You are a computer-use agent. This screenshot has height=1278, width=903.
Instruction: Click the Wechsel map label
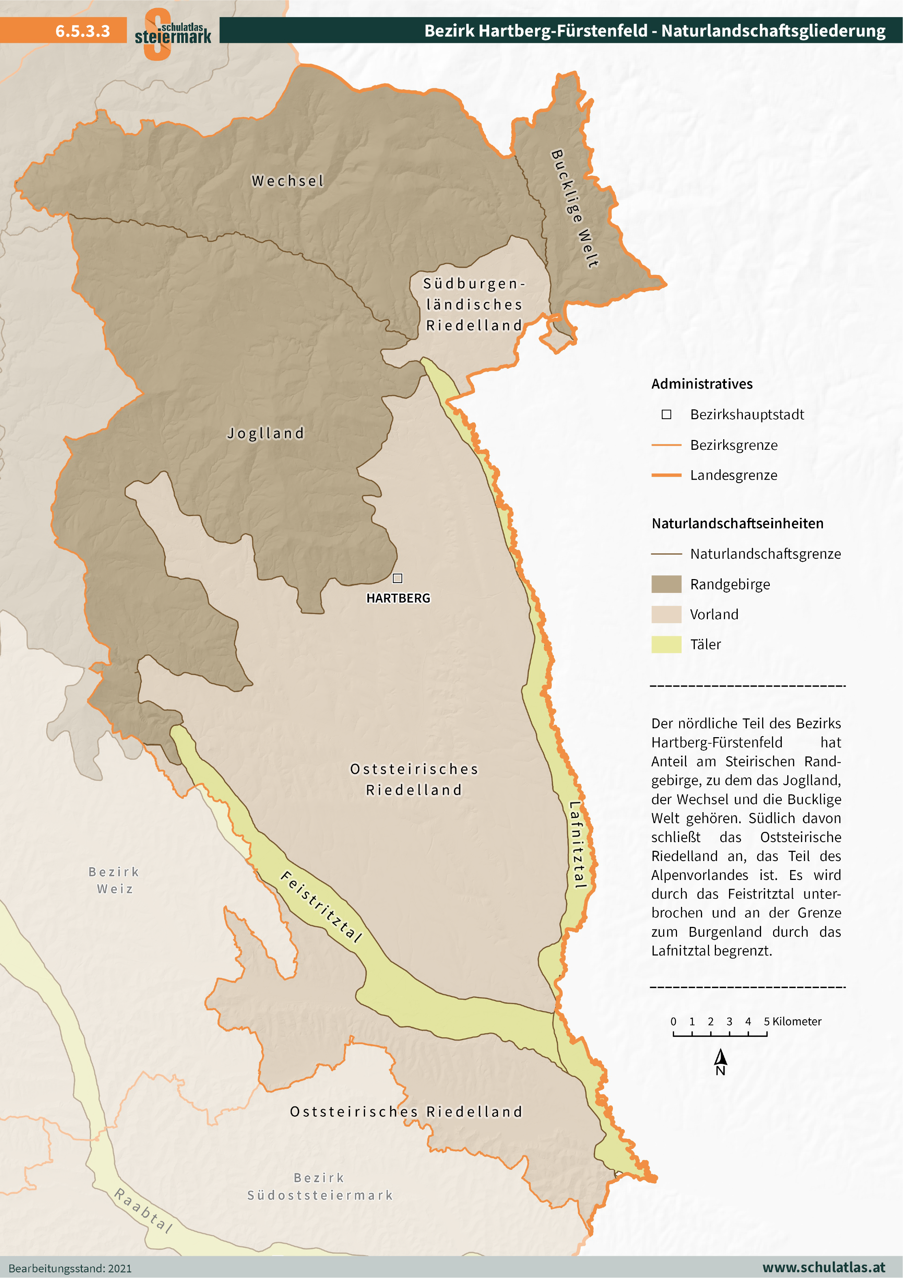click(x=288, y=181)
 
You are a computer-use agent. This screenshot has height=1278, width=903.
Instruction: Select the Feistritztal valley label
click(x=321, y=906)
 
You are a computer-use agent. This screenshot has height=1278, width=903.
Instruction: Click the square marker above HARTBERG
click(x=397, y=578)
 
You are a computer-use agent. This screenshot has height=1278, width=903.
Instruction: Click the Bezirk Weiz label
click(x=114, y=880)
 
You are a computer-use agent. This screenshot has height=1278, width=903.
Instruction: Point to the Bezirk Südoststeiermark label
click(x=320, y=1186)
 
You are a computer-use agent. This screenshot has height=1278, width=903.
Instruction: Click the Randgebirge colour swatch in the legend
click(x=666, y=585)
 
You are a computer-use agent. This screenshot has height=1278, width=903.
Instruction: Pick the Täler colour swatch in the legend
click(x=666, y=645)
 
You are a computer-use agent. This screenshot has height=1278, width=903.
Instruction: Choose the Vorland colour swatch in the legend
click(x=666, y=614)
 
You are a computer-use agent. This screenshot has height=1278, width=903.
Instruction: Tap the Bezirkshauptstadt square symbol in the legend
click(x=666, y=415)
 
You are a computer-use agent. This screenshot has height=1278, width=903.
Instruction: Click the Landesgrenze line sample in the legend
click(x=666, y=475)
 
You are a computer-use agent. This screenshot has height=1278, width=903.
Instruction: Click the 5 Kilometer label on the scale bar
click(x=792, y=1021)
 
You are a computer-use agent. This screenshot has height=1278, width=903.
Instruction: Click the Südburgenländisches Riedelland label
click(x=474, y=304)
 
